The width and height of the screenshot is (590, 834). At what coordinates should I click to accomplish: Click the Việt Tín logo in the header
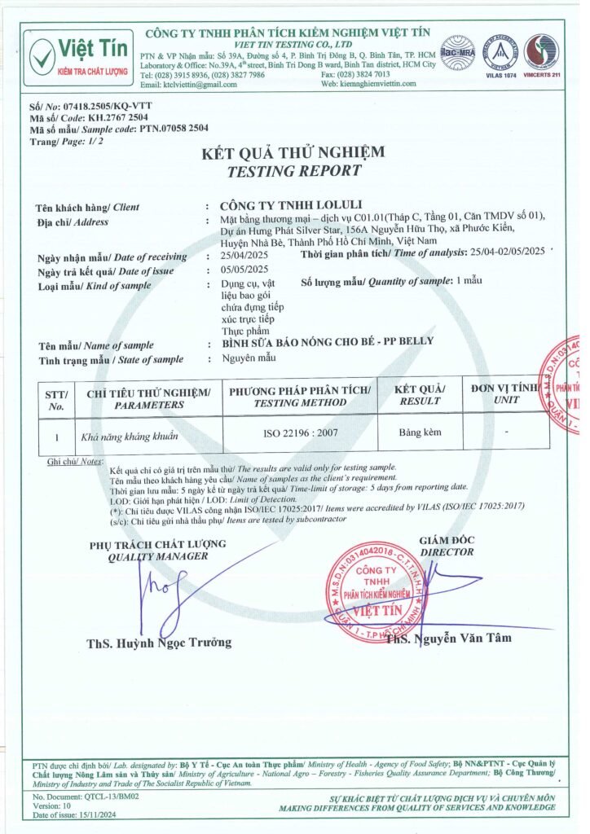pos(80,56)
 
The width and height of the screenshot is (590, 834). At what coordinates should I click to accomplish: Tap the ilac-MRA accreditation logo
pos(458,52)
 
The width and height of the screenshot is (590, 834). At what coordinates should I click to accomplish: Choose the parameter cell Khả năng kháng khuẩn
pos(130,437)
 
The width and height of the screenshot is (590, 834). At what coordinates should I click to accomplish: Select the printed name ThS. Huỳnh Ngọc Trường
pos(159,643)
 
